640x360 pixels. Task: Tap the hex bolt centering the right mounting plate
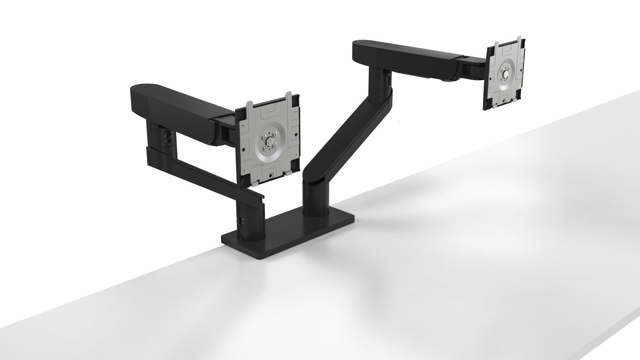coord(506,74)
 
